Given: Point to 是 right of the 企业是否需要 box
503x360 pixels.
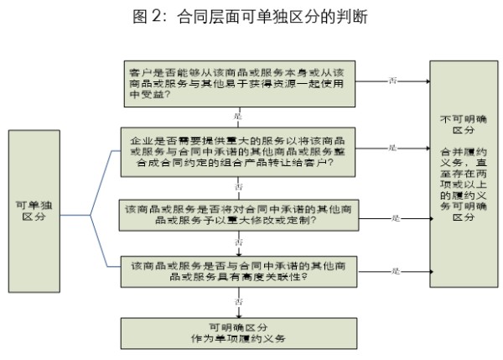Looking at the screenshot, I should [392, 148].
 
